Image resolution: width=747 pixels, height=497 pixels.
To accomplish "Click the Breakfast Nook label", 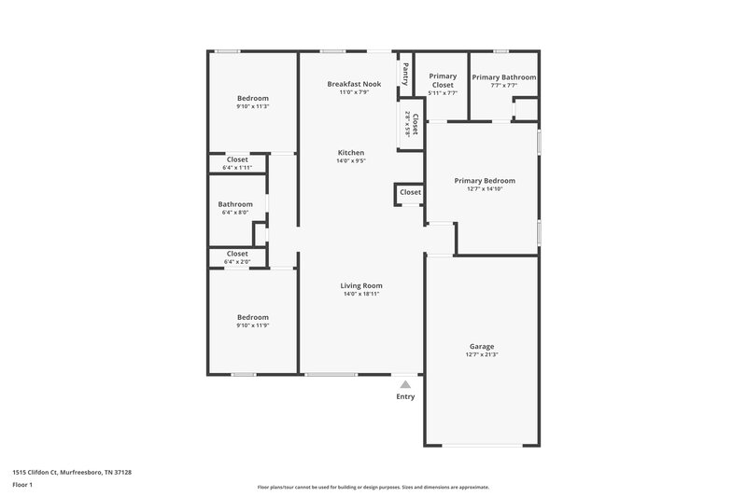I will tap(354, 84).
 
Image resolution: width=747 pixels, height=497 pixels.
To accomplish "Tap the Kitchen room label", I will tap(351, 152).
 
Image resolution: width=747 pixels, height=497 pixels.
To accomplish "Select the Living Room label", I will tap(361, 285).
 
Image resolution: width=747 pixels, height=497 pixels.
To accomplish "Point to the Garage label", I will tap(482, 346).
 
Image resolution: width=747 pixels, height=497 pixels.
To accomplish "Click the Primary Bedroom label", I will tap(485, 181).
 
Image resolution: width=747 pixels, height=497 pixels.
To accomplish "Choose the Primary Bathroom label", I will tap(504, 77).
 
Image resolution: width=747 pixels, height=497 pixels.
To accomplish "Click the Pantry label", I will tap(405, 73).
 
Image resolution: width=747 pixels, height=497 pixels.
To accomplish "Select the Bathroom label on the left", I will tap(235, 204).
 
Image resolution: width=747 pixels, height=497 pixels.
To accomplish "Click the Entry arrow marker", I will tap(405, 382).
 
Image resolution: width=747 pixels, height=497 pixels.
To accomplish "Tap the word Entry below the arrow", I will tap(405, 396).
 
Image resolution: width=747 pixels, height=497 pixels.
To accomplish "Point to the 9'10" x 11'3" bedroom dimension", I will tap(252, 106).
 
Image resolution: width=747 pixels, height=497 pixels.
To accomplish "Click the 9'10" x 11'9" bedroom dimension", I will tap(252, 324).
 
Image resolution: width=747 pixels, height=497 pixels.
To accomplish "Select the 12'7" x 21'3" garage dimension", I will tap(482, 354).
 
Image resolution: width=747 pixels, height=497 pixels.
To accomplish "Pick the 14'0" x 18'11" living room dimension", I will tap(361, 294).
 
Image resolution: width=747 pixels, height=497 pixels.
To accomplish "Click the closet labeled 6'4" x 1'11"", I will tap(237, 163).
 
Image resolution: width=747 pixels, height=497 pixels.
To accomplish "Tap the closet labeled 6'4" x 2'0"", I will tap(237, 257).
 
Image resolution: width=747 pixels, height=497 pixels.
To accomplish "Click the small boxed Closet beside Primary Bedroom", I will tap(410, 192).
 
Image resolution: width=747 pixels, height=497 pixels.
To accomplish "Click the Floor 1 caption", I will tap(22, 485).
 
